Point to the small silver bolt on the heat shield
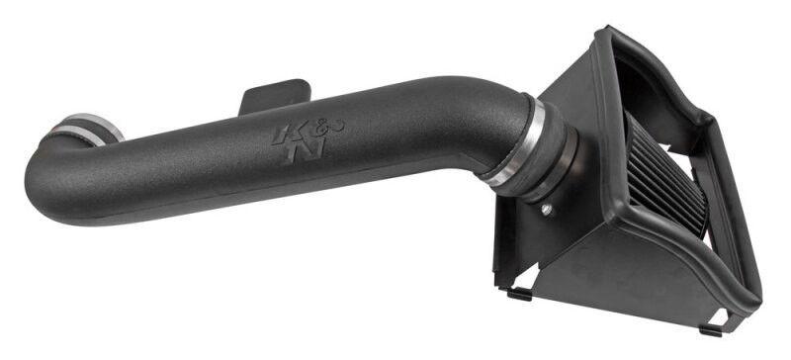click(546, 209)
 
